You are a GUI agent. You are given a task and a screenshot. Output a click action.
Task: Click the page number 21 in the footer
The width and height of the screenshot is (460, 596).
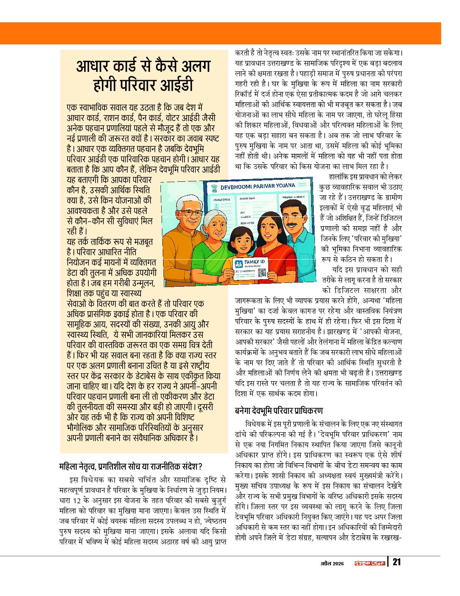pyautogui.click(x=396, y=563)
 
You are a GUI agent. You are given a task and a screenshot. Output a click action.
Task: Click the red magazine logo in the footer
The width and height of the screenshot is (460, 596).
pyautogui.click(x=370, y=563)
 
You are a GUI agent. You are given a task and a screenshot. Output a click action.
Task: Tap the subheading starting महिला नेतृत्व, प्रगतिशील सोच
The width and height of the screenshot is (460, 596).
pyautogui.click(x=131, y=467)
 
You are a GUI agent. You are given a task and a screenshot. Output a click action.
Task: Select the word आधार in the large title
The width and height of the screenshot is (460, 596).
pyautogui.click(x=93, y=66)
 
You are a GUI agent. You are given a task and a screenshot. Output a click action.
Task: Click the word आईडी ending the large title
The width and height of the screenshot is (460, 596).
pyautogui.click(x=177, y=85)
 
